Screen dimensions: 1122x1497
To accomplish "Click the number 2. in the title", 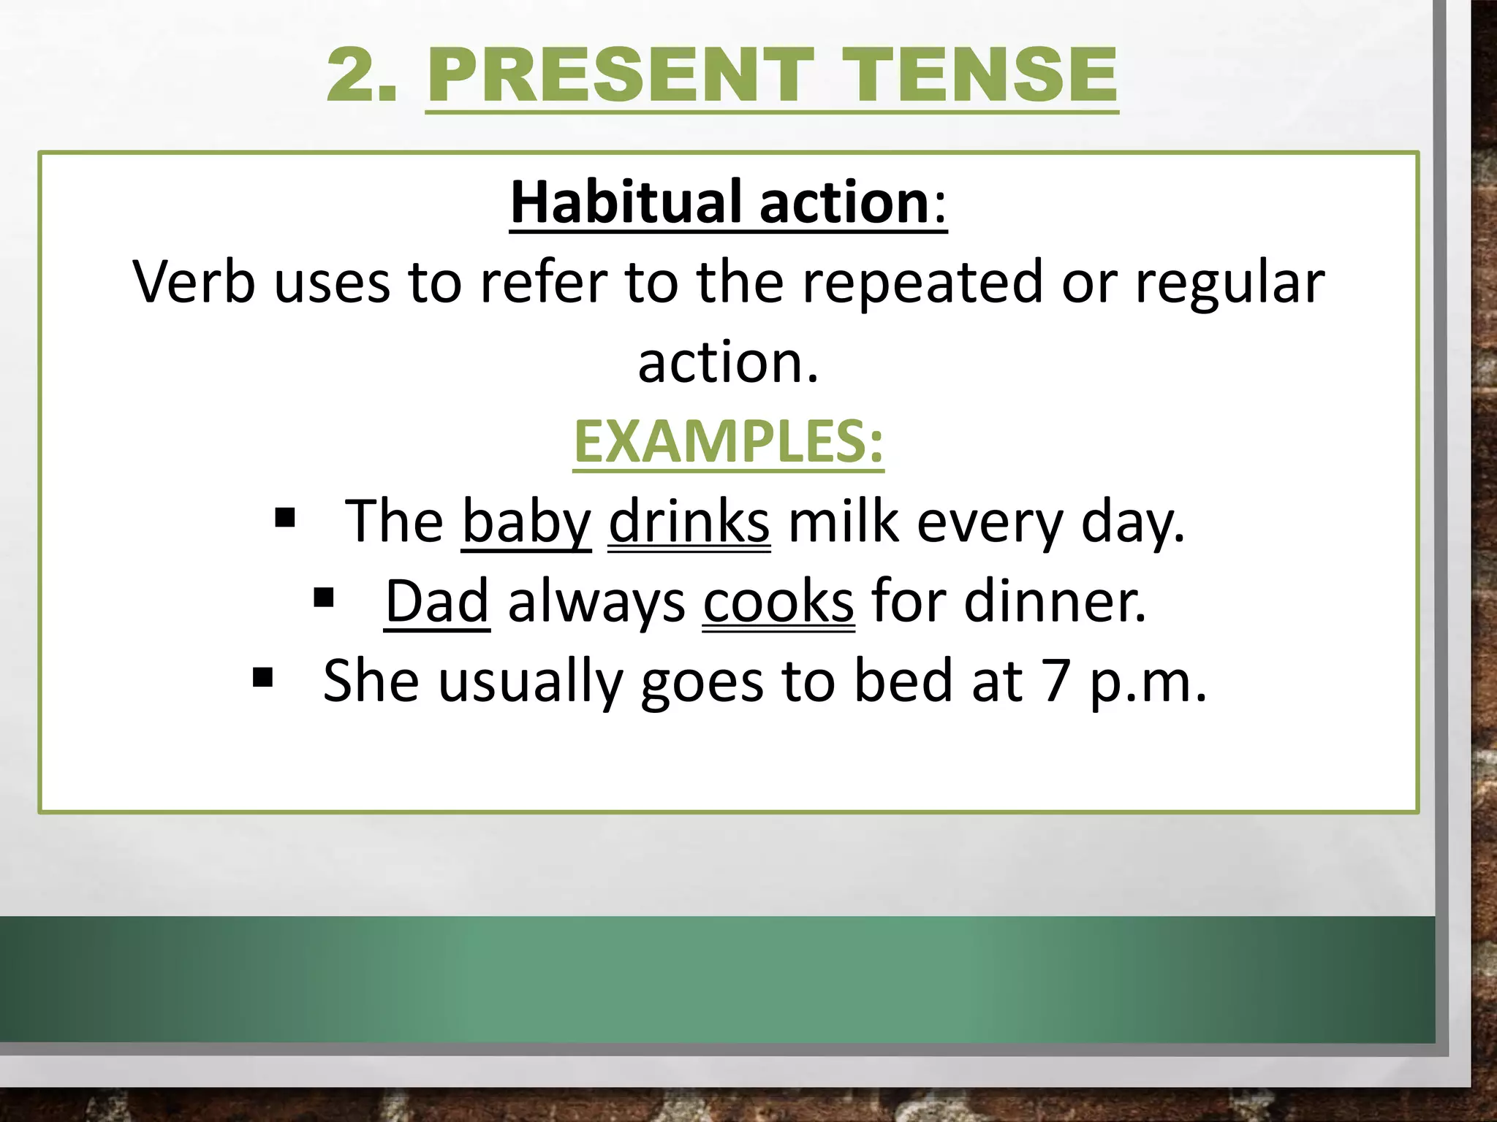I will [363, 75].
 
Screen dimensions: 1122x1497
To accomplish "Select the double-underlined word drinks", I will [689, 522].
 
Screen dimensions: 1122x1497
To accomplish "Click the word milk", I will [844, 522].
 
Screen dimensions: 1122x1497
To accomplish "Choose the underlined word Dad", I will [436, 602].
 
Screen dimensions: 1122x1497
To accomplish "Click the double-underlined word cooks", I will [778, 602].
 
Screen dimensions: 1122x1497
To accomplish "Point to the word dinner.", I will [1055, 602].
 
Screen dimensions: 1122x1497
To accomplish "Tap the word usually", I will [530, 682].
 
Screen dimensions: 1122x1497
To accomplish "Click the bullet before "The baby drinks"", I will [285, 519].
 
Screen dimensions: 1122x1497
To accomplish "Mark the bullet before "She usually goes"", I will [262, 678].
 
